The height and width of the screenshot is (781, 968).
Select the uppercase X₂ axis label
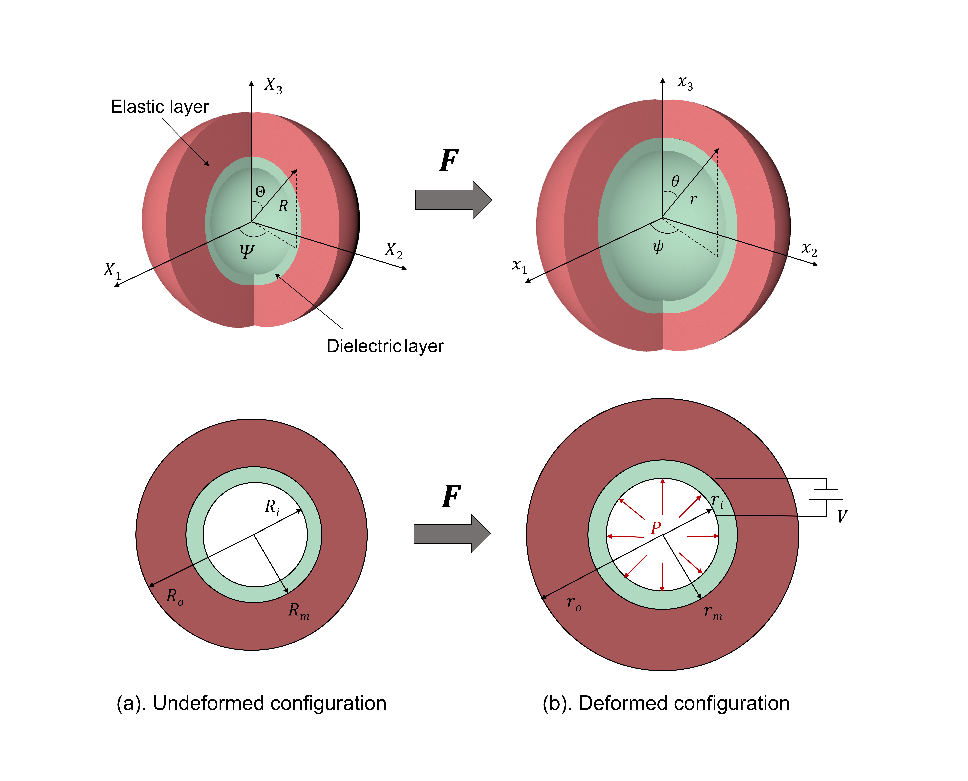pos(393,251)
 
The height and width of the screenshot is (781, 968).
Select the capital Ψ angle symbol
pos(246,251)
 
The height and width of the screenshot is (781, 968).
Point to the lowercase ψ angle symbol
pos(658,247)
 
